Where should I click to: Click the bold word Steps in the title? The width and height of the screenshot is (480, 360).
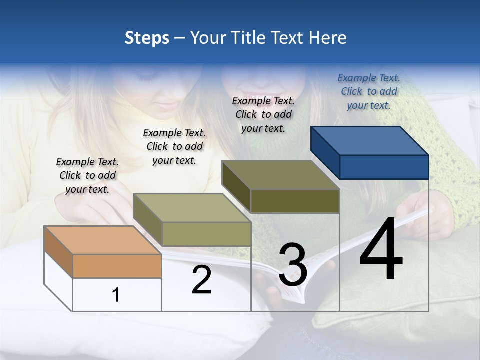point(147,38)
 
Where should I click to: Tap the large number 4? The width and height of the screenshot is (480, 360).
point(381,250)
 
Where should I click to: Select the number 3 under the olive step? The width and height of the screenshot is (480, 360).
point(293,265)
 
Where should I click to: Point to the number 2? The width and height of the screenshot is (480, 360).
point(201,280)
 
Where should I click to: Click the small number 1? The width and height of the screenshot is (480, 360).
point(116,295)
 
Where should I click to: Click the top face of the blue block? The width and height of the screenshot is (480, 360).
point(370,140)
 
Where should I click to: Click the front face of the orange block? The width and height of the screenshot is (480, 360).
point(117,266)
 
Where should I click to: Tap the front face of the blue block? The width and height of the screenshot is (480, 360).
point(384,167)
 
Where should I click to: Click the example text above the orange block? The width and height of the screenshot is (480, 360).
point(87,175)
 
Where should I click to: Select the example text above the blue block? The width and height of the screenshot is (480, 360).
point(369,91)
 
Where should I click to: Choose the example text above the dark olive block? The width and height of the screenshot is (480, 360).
point(263,114)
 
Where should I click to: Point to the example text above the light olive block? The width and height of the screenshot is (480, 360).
point(174,146)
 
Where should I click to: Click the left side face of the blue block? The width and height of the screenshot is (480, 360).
point(325,152)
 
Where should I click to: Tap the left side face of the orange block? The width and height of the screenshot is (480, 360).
point(58,252)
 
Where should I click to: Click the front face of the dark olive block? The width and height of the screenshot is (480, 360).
point(295,201)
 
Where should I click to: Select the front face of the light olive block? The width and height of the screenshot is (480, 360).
point(206,234)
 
